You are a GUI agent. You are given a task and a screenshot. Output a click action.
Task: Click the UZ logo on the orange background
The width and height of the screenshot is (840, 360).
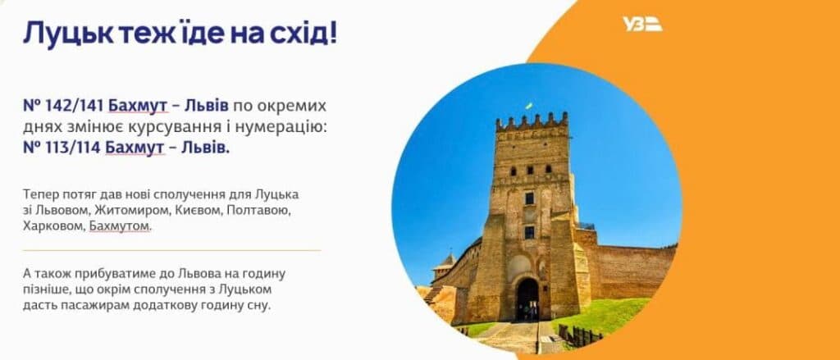(x=642, y=24)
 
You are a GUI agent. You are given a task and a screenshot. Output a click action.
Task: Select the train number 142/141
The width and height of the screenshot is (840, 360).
(x=75, y=106)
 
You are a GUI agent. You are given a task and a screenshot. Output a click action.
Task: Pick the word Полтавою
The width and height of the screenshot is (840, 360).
(x=258, y=210)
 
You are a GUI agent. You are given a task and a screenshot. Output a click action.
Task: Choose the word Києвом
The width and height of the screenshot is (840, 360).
(x=198, y=210)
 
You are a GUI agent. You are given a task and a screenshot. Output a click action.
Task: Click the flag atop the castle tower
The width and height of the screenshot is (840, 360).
(x=528, y=106)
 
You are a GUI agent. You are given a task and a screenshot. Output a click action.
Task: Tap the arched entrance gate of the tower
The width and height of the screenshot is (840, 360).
(x=527, y=299)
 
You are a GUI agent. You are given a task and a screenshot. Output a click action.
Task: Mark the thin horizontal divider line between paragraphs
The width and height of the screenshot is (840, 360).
(x=171, y=250)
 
